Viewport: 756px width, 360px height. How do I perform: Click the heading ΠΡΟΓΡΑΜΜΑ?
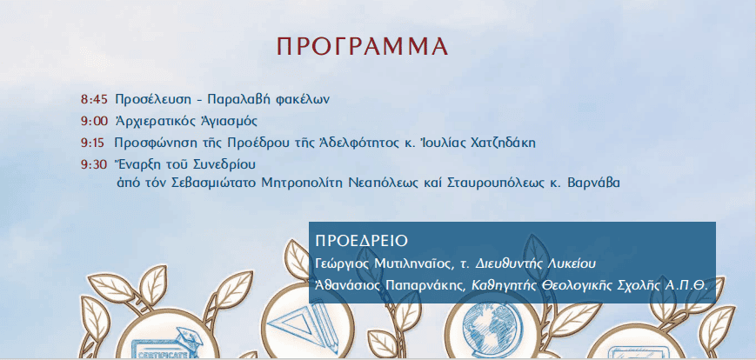[363, 46]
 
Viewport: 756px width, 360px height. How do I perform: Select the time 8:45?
[94, 100]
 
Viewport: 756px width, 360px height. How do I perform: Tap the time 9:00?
[95, 121]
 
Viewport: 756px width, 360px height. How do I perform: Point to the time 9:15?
[94, 143]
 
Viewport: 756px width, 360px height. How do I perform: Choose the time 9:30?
[94, 164]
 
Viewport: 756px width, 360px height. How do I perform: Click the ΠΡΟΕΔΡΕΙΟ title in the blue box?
[362, 241]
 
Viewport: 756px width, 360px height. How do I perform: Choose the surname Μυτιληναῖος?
[409, 263]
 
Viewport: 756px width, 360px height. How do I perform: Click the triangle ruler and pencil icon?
[305, 322]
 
